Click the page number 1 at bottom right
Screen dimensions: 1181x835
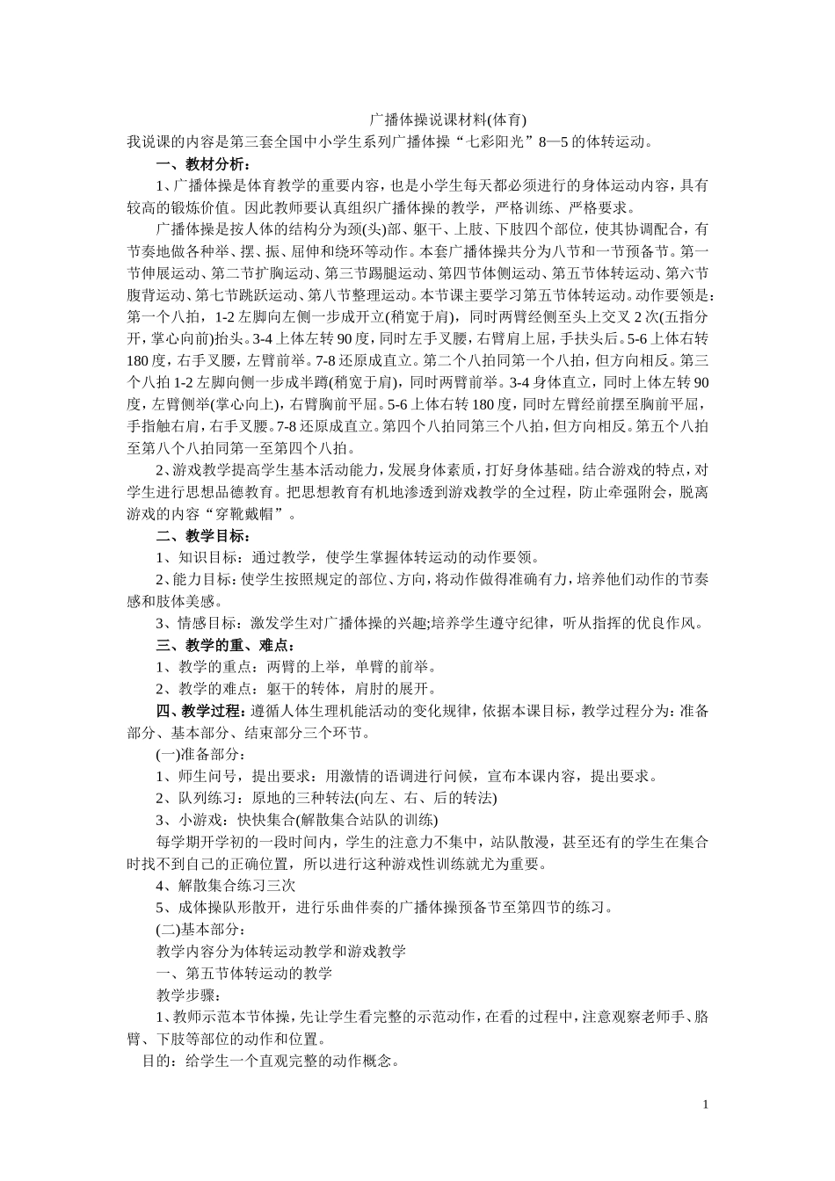(705, 1105)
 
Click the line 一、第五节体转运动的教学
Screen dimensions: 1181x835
(243, 974)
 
